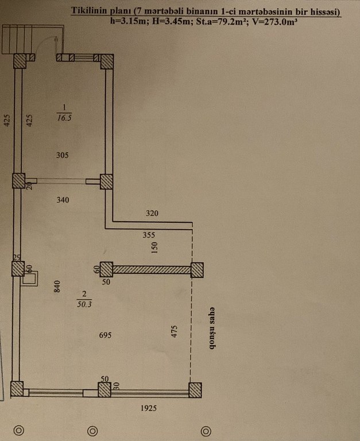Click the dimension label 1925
(x=149, y=408)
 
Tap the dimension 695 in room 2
(x=105, y=335)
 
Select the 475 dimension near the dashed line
(x=175, y=331)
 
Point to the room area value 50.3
(x=84, y=304)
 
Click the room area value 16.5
(x=64, y=118)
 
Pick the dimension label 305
(x=63, y=155)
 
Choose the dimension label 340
(x=63, y=200)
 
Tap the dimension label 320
(x=152, y=213)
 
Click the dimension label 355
(x=149, y=235)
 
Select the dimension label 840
(x=57, y=287)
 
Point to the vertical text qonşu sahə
(x=212, y=328)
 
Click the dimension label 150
(x=154, y=248)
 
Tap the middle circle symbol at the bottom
(x=92, y=431)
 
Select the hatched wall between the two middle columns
(x=152, y=270)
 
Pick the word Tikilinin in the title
(x=89, y=11)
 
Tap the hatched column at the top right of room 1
(x=107, y=61)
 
